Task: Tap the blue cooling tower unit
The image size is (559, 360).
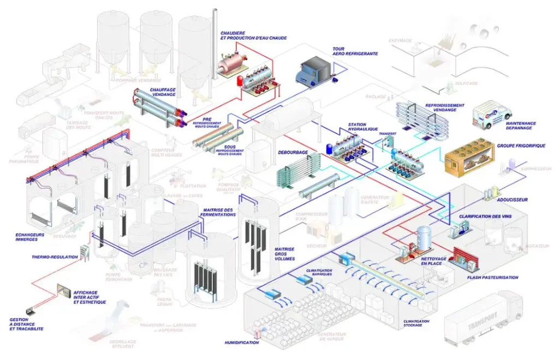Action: click(x=313, y=71)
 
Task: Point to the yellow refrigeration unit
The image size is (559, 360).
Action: click(x=469, y=159)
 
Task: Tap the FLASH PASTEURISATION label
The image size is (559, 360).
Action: click(x=492, y=277)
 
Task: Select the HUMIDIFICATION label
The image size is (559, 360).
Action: click(x=241, y=343)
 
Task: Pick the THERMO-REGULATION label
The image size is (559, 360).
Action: click(x=55, y=256)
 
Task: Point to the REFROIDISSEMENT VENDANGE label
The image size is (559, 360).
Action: click(x=444, y=107)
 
